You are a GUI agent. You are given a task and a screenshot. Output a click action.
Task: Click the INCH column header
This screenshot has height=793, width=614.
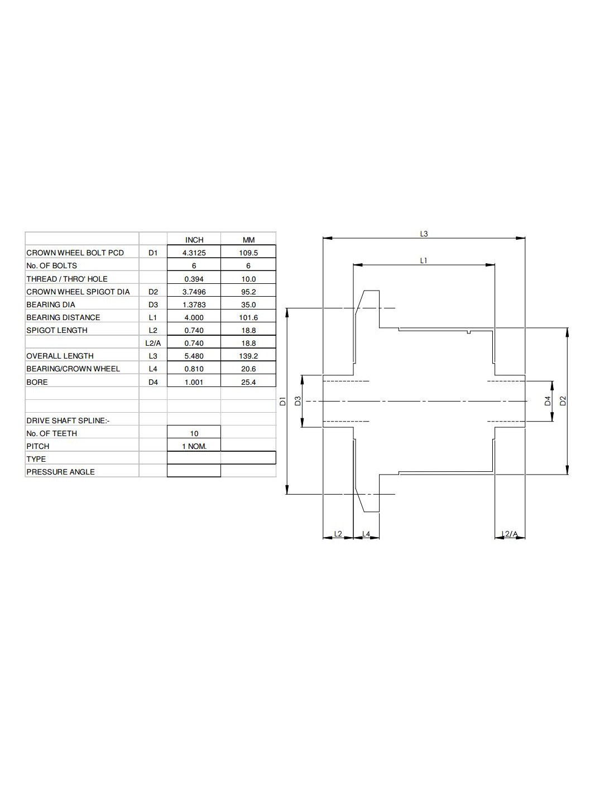coord(194,240)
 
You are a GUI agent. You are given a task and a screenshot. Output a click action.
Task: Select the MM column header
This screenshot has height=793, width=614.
coord(248,240)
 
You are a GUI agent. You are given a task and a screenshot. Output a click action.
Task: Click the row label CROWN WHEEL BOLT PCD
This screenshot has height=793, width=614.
coord(75,253)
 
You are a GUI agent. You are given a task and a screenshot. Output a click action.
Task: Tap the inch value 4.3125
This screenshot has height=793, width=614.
coord(194,253)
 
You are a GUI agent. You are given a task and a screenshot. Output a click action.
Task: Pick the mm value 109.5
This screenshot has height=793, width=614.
coord(248,253)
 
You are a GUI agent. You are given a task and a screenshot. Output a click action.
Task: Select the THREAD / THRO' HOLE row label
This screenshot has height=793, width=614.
coord(67,279)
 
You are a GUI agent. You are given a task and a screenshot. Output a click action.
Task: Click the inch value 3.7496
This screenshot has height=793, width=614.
coord(194,292)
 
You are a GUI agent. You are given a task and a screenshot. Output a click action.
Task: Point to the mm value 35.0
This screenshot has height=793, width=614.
coord(248,304)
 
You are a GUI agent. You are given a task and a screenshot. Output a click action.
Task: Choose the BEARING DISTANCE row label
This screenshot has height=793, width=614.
coord(63,317)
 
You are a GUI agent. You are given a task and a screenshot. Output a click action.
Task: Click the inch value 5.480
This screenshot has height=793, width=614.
coord(194,356)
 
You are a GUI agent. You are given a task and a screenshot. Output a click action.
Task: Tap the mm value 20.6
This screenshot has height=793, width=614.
coord(248,369)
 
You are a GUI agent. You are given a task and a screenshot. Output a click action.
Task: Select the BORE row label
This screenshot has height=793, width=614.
coord(37,382)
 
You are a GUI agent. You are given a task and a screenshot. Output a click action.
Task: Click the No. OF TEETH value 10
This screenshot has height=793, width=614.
coord(194,433)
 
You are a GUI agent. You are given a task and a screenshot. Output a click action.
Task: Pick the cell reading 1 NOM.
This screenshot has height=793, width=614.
coord(194,446)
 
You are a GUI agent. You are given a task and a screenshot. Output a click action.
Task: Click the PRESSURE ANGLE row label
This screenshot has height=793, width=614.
coord(60,472)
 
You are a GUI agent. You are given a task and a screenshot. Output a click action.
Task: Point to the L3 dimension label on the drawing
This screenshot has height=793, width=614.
coord(424,234)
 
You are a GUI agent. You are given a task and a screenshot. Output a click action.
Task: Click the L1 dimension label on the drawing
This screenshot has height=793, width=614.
coord(424,260)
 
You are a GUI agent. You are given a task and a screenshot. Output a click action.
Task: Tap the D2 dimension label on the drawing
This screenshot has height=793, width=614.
coord(563,400)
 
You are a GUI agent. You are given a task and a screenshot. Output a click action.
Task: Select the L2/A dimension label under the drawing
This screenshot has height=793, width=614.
coord(510,534)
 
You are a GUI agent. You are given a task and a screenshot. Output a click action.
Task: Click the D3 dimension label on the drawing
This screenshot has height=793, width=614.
coord(298,400)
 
